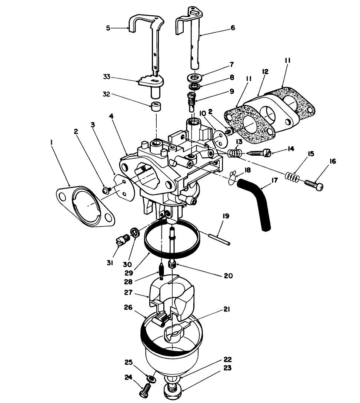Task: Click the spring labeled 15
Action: [293, 177]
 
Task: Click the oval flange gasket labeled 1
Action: [85, 206]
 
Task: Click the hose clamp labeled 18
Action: [232, 178]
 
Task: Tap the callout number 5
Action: [109, 28]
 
